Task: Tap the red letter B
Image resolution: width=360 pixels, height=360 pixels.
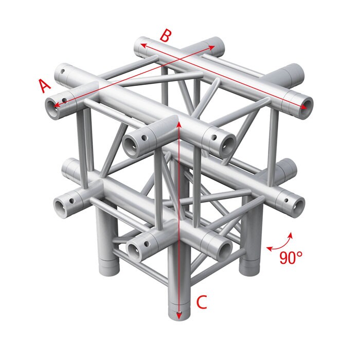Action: [x=165, y=36]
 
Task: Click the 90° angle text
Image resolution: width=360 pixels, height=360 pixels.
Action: [x=291, y=258]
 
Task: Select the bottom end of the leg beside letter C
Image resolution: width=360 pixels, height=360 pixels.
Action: [x=178, y=315]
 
